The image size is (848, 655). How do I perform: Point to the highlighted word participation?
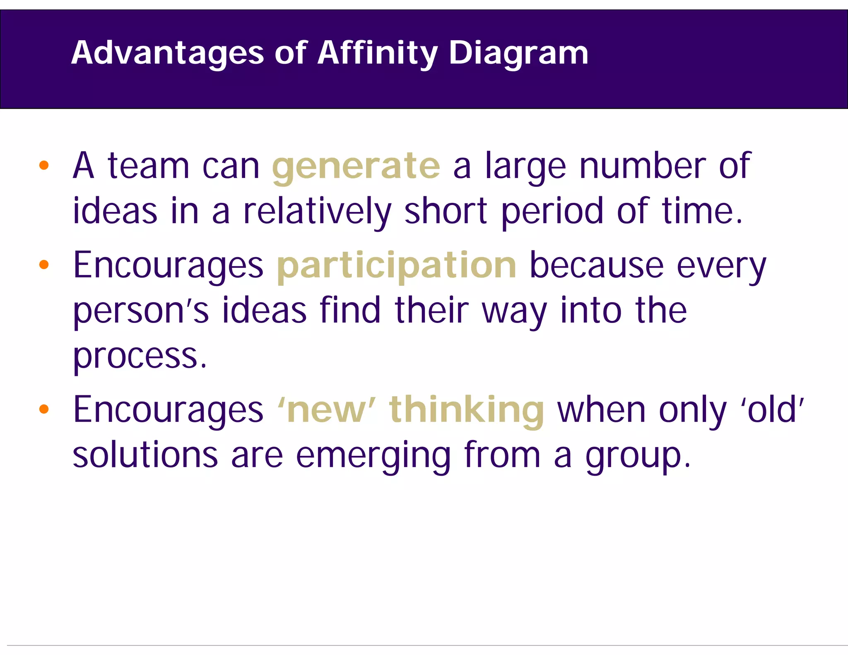click(x=396, y=266)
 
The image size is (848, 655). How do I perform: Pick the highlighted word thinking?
click(x=466, y=410)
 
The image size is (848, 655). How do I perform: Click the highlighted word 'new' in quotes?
click(x=327, y=410)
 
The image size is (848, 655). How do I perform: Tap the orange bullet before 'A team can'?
click(x=44, y=166)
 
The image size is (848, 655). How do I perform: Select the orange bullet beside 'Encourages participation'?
click(x=44, y=265)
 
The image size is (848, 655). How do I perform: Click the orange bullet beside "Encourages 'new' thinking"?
click(x=44, y=409)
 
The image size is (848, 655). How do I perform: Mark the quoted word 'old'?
click(x=772, y=410)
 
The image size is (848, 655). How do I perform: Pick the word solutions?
click(x=145, y=455)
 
